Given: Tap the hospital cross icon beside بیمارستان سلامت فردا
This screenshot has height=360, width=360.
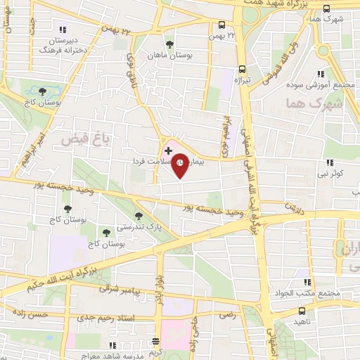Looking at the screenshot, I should pyautogui.click(x=168, y=150).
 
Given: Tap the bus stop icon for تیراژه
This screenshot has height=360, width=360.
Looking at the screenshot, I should pyautogui.click(x=242, y=69).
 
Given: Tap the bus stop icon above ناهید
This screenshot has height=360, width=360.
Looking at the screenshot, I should pyautogui.click(x=302, y=309).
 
